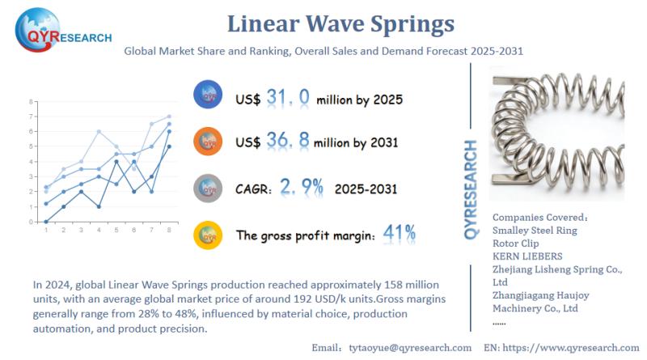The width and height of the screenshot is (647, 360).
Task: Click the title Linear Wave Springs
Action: tap(340, 23)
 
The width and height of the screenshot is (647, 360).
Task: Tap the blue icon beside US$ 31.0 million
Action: tap(208, 96)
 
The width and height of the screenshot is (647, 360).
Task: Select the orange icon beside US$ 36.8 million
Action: tap(208, 142)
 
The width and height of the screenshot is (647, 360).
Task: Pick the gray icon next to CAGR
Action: tap(208, 188)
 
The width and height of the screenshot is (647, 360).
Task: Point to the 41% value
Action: tap(400, 235)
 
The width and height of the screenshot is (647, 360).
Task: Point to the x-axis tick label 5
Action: tap(117, 231)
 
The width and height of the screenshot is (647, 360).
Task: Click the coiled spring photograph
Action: tap(558, 133)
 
